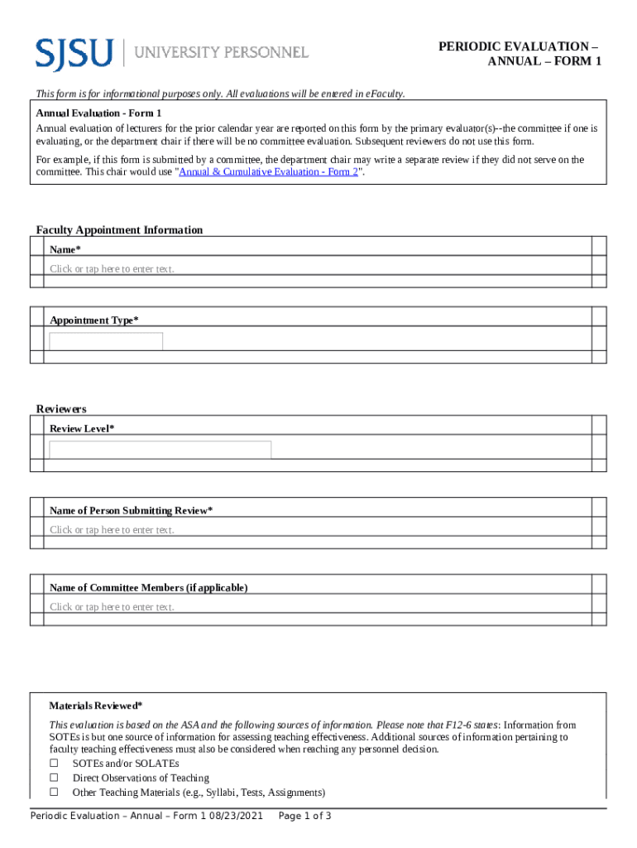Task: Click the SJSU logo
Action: coord(74,52)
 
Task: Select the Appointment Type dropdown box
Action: coord(106,341)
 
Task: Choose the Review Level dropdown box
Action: coord(160,450)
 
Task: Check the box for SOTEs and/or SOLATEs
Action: coord(55,763)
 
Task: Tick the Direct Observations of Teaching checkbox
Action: coord(55,778)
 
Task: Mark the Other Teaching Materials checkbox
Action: coord(55,793)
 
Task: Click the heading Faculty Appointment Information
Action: coord(119,229)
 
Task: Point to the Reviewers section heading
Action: coord(61,409)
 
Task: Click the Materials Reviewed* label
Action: coord(96,706)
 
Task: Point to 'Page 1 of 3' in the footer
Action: coord(305,817)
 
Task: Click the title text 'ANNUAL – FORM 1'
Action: coord(544,62)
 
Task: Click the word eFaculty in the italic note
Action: coord(385,94)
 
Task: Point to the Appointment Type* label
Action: coord(94,320)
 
